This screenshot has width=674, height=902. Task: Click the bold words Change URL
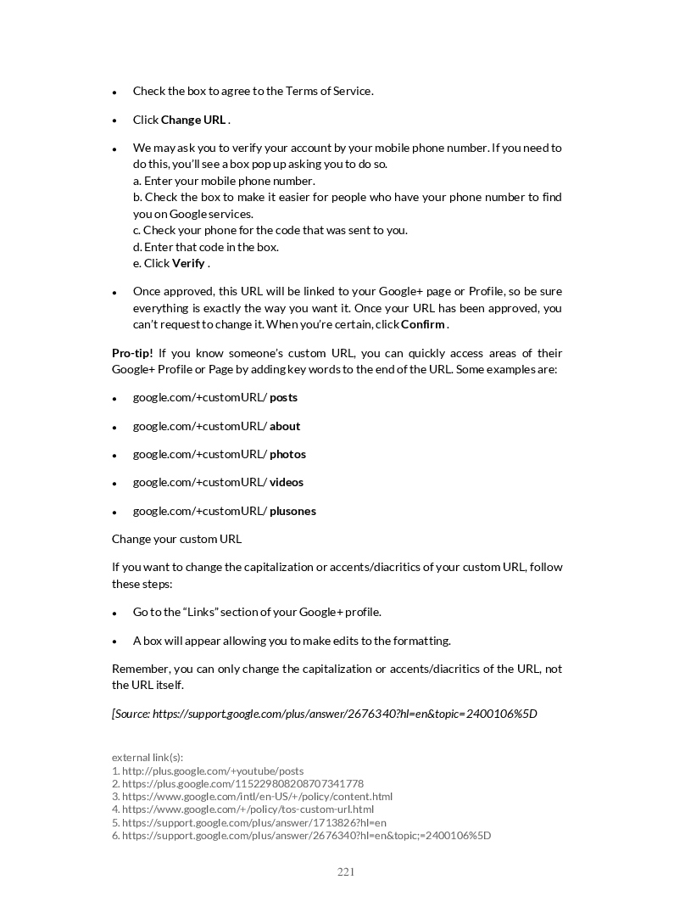(193, 120)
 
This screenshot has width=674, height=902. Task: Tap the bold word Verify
(188, 263)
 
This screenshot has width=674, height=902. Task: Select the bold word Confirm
(422, 324)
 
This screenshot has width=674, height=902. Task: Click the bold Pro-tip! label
(132, 353)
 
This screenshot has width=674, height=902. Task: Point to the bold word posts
(283, 397)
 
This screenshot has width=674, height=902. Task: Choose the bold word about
(285, 426)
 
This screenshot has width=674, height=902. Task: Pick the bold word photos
(287, 454)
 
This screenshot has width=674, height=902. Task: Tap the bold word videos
(287, 482)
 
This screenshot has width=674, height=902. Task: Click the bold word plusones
(292, 511)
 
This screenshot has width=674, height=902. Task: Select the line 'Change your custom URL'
(176, 539)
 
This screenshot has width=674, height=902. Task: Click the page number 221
(346, 871)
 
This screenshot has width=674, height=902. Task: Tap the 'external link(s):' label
(148, 757)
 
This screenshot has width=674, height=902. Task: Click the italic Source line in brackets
(325, 713)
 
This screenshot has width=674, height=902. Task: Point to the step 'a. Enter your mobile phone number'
(224, 181)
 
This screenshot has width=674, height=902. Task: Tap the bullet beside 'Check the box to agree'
(114, 92)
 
